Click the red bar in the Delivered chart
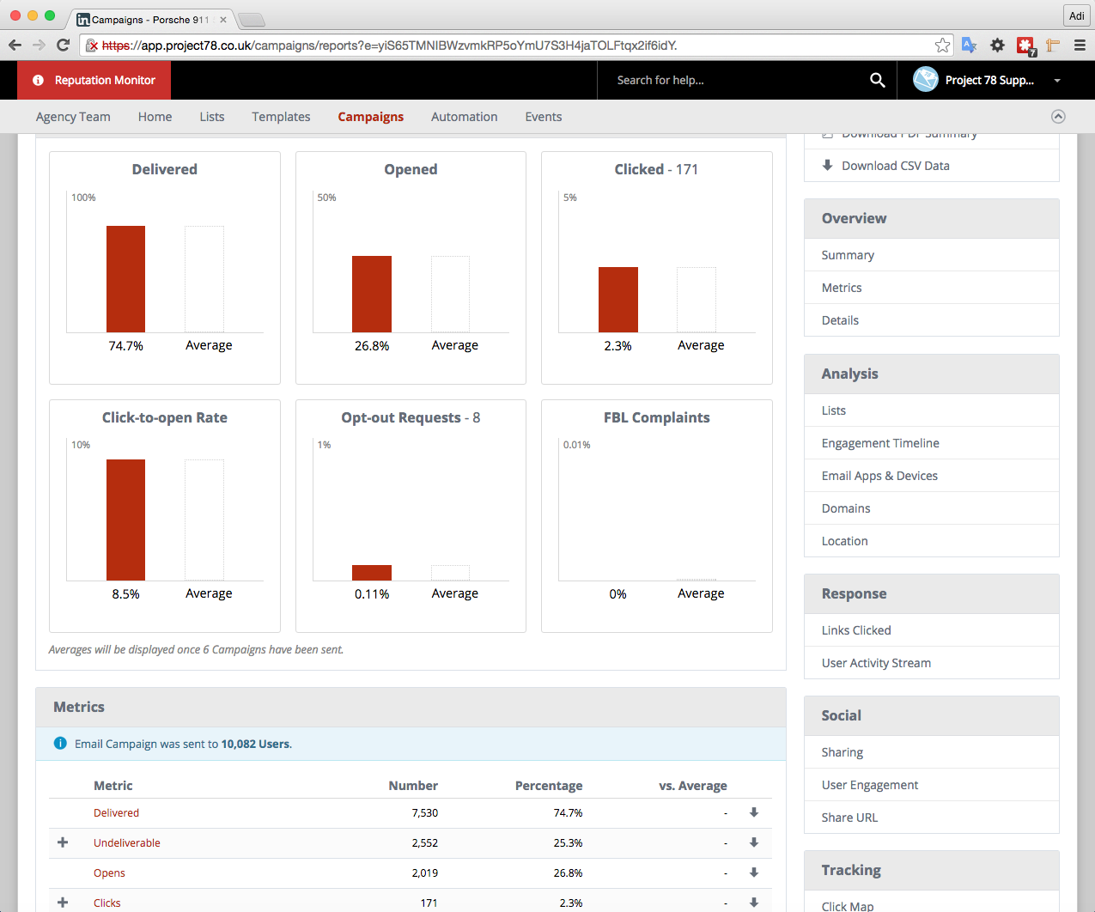[125, 279]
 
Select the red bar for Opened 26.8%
[372, 294]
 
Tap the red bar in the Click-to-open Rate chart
[125, 520]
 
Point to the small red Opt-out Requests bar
[372, 573]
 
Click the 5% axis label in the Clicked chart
[569, 198]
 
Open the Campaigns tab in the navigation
[370, 117]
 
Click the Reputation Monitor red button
[94, 80]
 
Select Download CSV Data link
[895, 166]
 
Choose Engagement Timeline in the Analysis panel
[880, 443]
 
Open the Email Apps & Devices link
[879, 476]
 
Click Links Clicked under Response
[856, 630]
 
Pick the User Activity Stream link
[876, 663]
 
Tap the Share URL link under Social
[849, 818]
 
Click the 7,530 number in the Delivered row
[424, 812]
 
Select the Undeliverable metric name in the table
[127, 842]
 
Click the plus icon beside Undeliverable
[63, 842]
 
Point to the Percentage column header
[548, 786]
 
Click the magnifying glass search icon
[877, 80]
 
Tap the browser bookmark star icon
[943, 46]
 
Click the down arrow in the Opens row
[754, 872]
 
